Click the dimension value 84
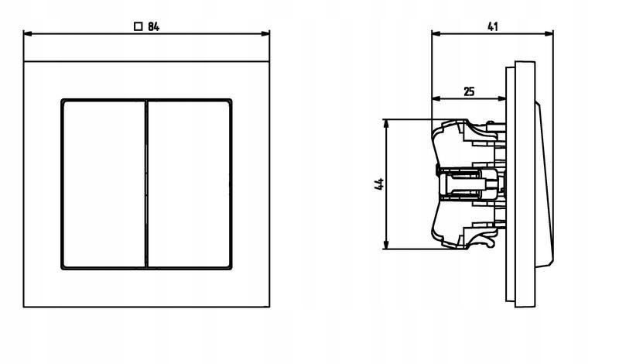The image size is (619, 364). coord(153,27)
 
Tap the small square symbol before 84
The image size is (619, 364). coord(139,27)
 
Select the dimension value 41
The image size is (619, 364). coord(492,27)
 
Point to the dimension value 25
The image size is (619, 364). coord(469,91)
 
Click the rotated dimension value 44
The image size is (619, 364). coord(379,184)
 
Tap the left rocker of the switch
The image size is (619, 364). coord(104,184)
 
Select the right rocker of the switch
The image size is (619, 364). coord(189,184)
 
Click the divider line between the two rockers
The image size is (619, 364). coord(146,184)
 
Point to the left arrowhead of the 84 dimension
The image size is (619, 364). coord(28,34)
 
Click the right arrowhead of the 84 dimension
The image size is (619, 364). coord(265,34)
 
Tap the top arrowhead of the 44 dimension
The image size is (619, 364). coord(386,123)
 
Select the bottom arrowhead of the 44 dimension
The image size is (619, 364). coord(386,245)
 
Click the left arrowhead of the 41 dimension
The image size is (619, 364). coord(436,34)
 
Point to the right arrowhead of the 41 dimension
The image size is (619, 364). coord(549,34)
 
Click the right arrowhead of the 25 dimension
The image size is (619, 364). coord(501,99)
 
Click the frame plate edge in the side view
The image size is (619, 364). coord(525,184)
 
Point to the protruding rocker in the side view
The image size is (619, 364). coord(544,184)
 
